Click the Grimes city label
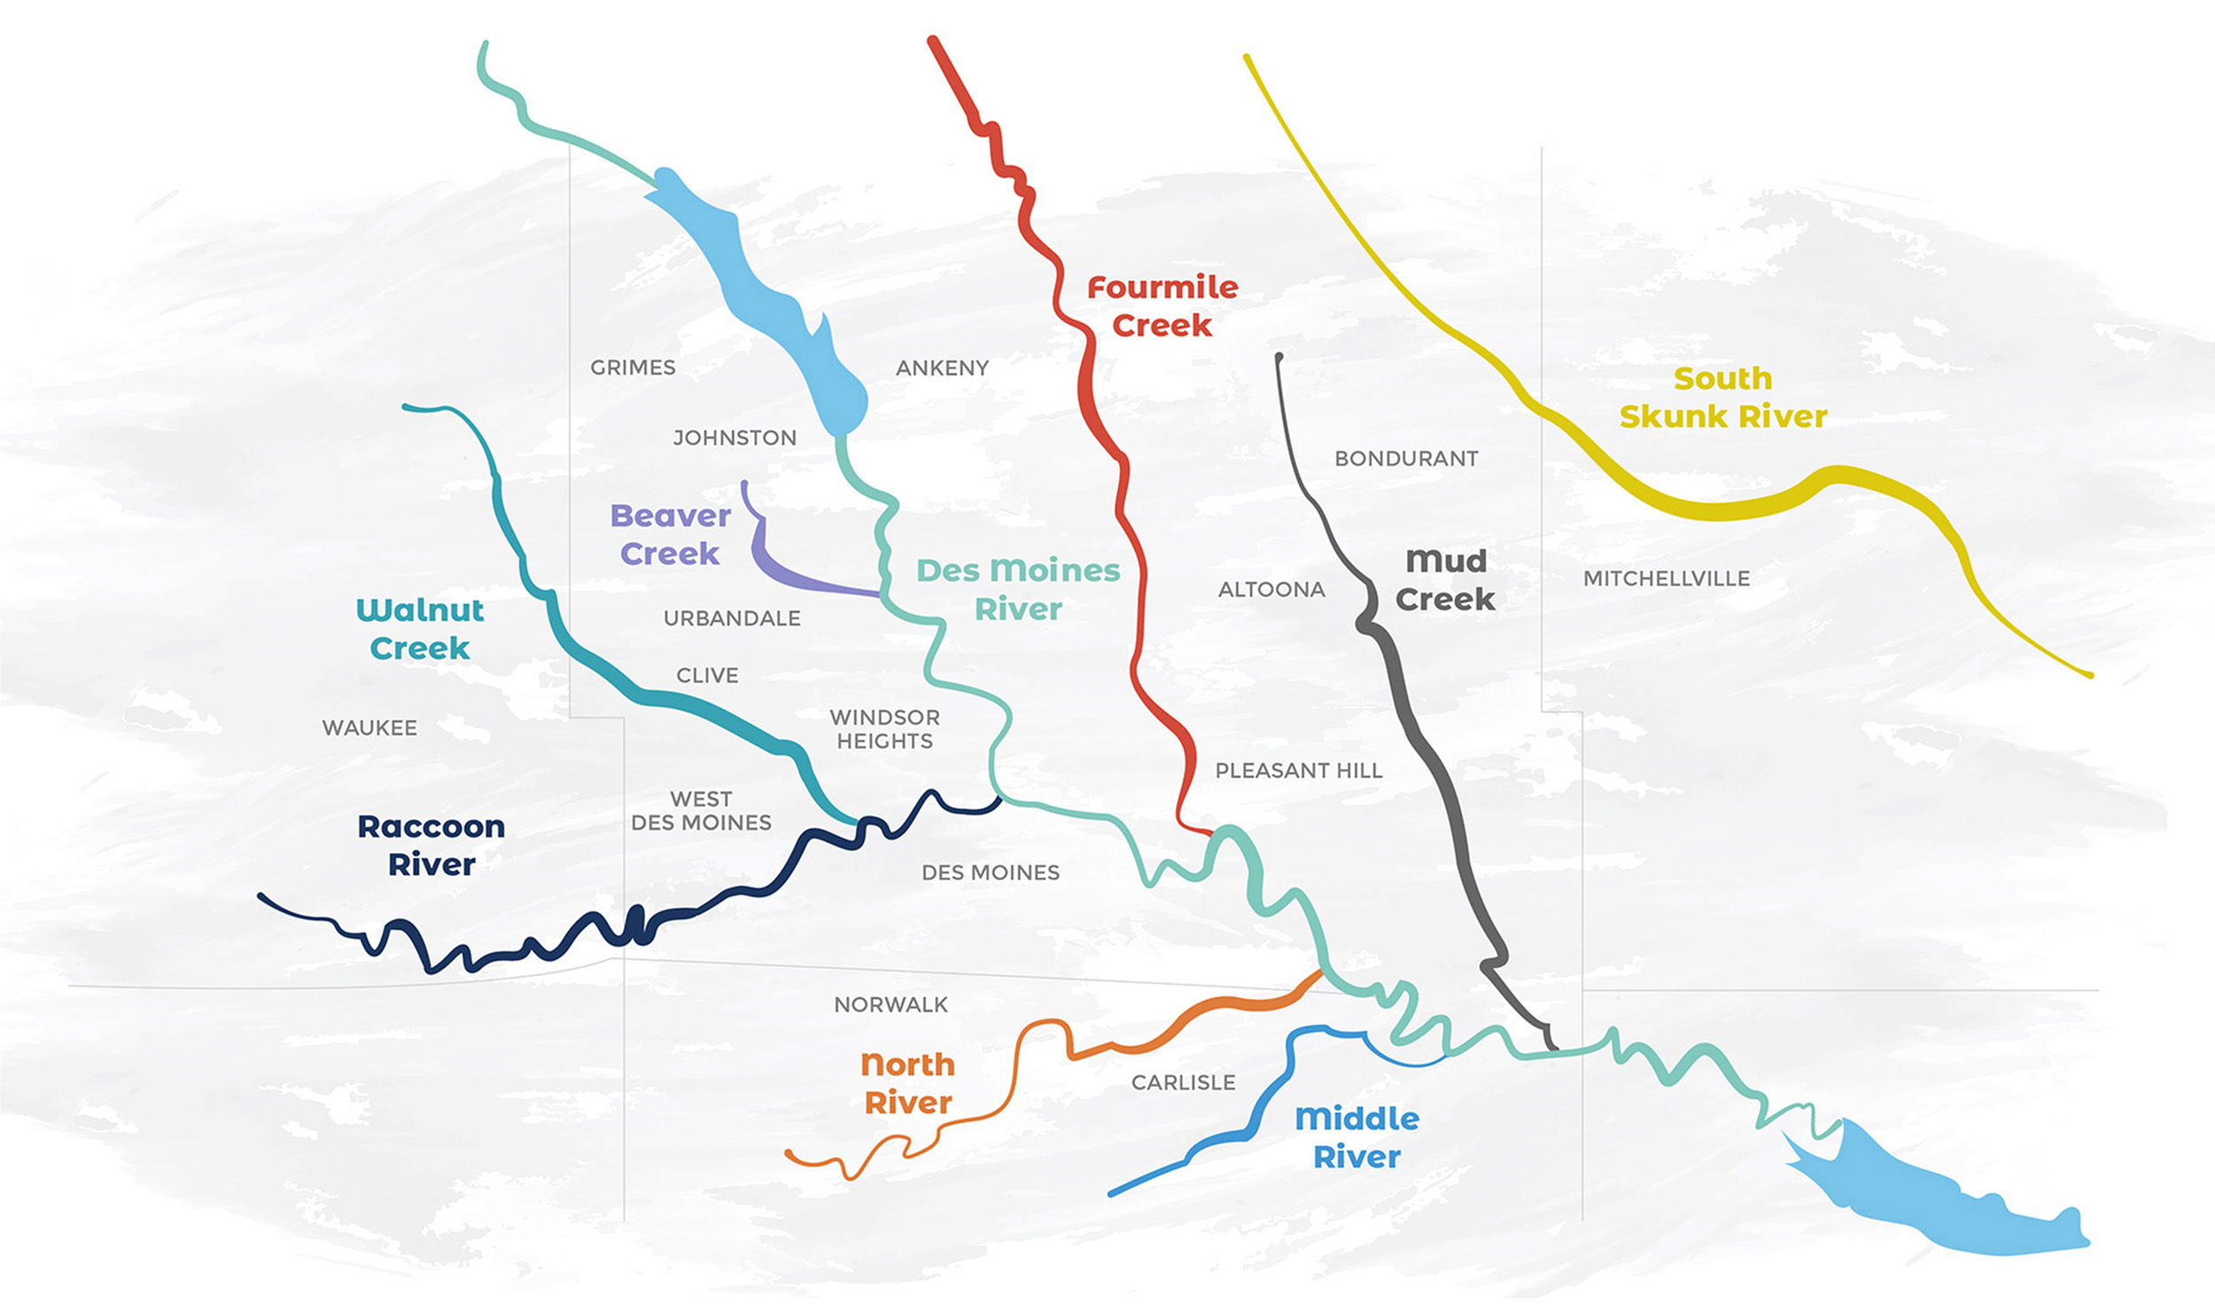pos(633,368)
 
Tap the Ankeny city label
pos(942,368)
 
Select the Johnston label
pos(734,438)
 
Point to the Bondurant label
pos(1406,459)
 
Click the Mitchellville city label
pos(1666,579)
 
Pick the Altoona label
pos(1271,590)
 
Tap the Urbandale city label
pos(732,618)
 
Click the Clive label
pos(707,676)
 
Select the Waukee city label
pos(369,728)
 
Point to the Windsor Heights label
pos(884,729)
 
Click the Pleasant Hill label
pos(1298,771)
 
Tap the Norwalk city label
pos(890,1005)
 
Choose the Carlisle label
pos(1183,1082)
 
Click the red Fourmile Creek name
pos(1162,306)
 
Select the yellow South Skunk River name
pos(1723,398)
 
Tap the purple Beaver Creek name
pos(671,535)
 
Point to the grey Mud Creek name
pos(1445,580)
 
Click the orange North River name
pos(908,1083)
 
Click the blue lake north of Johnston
pos(762,292)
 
